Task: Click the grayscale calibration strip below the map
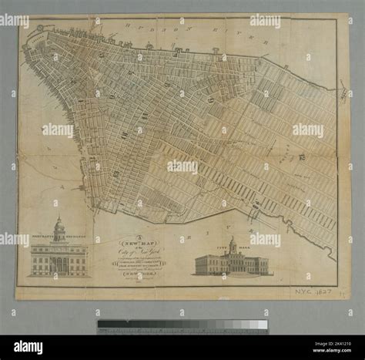(x=182, y=325)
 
